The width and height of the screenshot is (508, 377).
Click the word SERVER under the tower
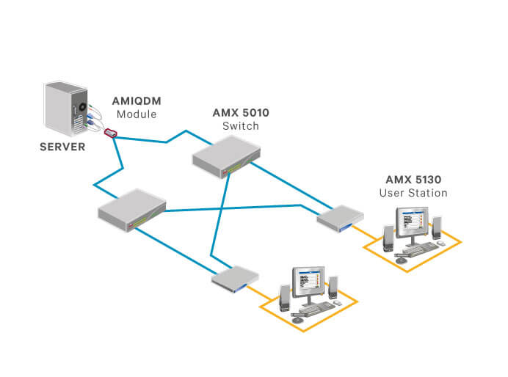(62, 147)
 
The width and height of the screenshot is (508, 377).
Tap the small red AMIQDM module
(111, 133)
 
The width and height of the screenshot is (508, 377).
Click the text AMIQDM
(137, 101)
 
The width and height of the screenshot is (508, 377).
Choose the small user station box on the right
(341, 218)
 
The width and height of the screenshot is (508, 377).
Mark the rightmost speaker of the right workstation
(438, 228)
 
